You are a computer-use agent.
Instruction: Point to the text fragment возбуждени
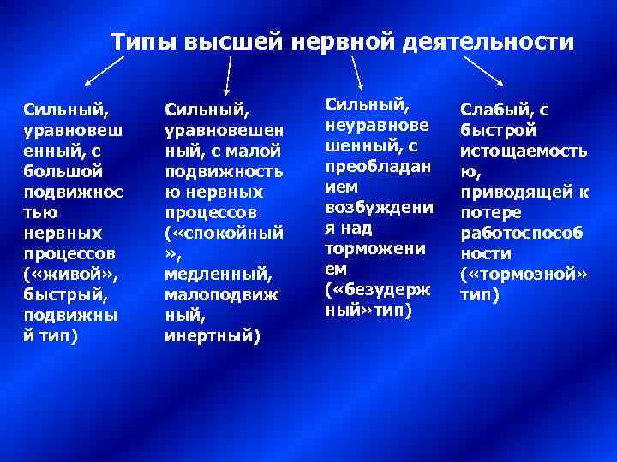click(x=379, y=207)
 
